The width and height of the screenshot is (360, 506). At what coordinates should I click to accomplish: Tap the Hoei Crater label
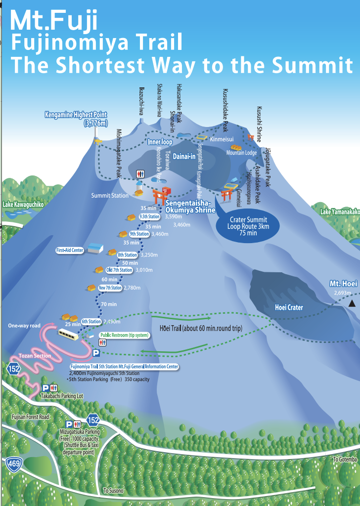(x=289, y=307)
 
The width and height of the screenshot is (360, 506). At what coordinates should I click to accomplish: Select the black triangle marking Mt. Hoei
(x=352, y=303)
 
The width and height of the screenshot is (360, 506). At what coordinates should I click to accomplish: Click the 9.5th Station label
(x=149, y=216)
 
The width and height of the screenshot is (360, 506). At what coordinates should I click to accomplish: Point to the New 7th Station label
(x=110, y=288)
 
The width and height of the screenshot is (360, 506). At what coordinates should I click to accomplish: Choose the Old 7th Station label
(x=120, y=270)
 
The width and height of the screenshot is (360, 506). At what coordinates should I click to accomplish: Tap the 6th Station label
(x=91, y=321)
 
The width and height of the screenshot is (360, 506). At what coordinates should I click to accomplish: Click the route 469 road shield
(x=13, y=464)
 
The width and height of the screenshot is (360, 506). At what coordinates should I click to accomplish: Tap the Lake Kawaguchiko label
(x=23, y=204)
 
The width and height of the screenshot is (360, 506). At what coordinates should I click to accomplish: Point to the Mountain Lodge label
(x=241, y=153)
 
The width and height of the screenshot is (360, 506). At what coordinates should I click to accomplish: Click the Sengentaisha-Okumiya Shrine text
(x=190, y=206)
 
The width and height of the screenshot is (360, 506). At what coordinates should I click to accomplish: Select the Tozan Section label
(x=35, y=356)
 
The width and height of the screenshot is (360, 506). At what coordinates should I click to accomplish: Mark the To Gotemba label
(x=344, y=459)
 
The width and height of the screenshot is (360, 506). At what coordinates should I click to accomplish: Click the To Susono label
(x=113, y=491)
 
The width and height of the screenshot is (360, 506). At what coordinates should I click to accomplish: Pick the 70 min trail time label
(x=108, y=304)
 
